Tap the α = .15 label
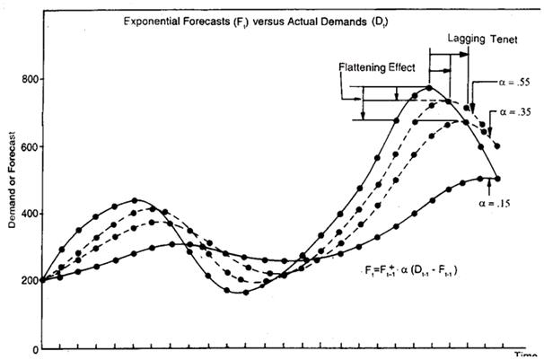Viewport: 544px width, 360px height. (497, 205)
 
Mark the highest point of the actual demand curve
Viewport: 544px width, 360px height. (429, 88)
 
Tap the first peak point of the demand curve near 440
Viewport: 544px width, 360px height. (135, 200)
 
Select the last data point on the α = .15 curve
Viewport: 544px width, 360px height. (497, 178)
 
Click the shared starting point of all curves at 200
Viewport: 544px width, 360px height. (41, 280)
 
